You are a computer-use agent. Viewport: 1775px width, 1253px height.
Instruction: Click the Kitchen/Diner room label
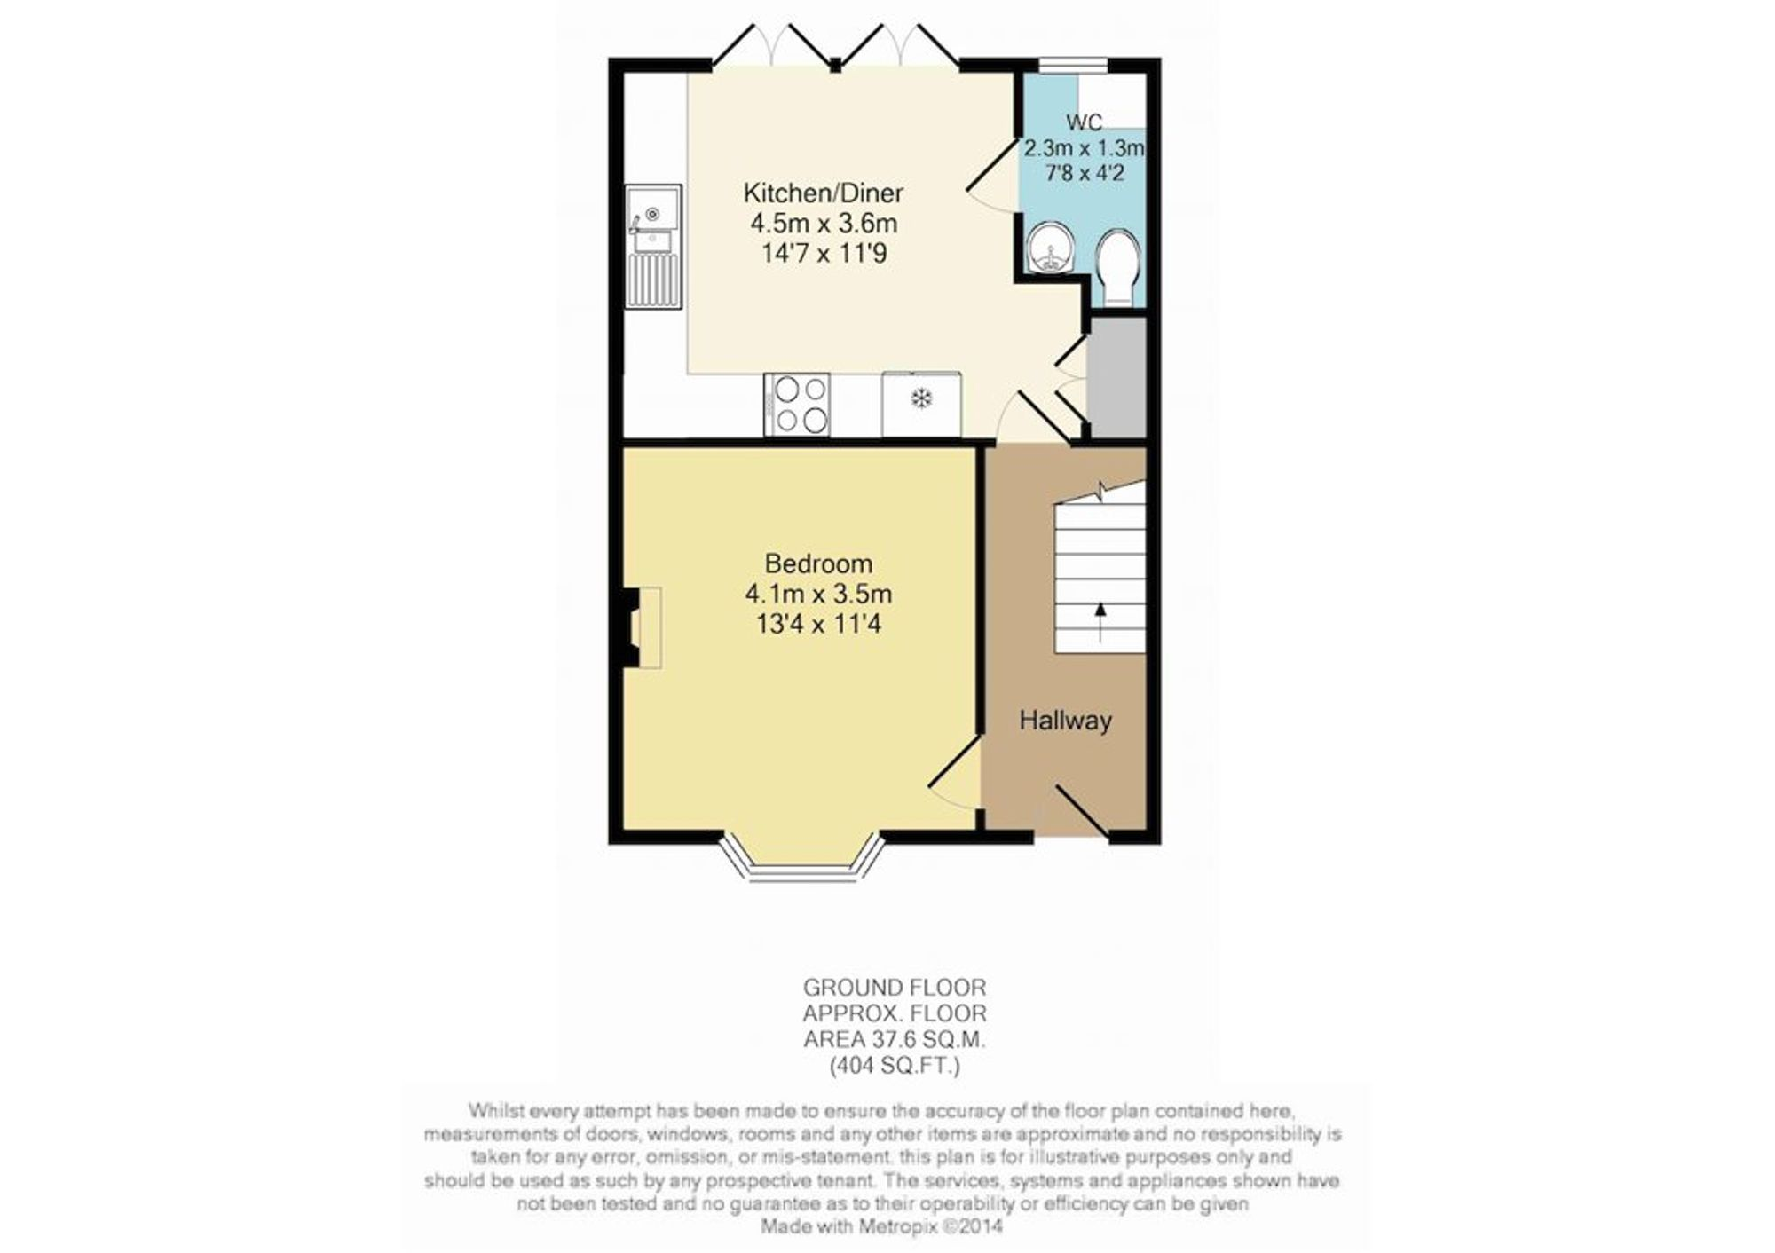[823, 193]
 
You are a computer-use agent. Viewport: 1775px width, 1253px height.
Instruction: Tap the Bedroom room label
[818, 563]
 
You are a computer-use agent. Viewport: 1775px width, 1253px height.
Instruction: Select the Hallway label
[1065, 720]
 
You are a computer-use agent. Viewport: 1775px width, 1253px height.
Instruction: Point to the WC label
[1084, 122]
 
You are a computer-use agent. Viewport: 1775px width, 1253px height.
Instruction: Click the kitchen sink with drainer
[653, 247]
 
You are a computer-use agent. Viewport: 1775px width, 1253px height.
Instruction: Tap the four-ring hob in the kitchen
[797, 405]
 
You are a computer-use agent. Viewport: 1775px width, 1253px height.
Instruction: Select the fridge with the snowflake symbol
[921, 404]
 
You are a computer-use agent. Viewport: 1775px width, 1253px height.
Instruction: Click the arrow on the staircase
[1101, 622]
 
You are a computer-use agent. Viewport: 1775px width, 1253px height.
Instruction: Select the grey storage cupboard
[1117, 376]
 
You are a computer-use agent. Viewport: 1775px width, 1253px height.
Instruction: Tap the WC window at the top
[1074, 65]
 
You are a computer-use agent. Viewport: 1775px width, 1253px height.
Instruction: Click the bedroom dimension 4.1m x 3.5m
[818, 594]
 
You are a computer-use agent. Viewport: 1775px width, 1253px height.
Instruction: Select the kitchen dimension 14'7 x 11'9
[824, 254]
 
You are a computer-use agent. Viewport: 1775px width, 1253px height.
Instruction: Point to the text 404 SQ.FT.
[895, 1066]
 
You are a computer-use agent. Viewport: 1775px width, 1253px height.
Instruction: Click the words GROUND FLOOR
[895, 987]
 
